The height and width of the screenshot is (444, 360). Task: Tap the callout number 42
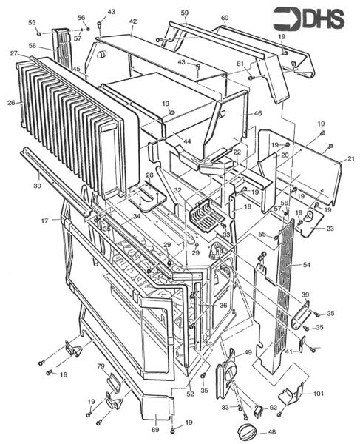(x=133, y=22)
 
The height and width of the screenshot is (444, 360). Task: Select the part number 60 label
(x=224, y=18)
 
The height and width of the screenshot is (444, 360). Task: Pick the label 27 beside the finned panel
(x=14, y=53)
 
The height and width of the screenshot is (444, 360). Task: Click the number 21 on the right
(x=350, y=159)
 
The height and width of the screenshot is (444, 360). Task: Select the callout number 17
(x=44, y=220)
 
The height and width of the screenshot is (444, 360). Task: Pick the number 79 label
(x=99, y=367)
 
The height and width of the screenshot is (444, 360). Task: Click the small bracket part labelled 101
(x=296, y=398)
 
